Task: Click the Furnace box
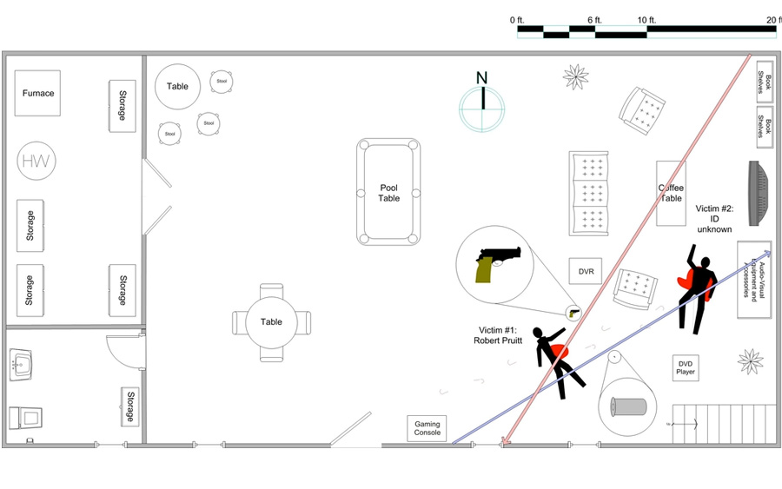click(x=37, y=93)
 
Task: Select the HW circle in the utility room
click(x=36, y=161)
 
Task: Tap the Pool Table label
click(x=388, y=193)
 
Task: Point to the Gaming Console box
click(x=427, y=429)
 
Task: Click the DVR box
click(x=586, y=272)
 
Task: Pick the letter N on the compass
click(x=481, y=78)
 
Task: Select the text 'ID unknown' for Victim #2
click(x=715, y=224)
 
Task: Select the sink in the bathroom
click(x=23, y=365)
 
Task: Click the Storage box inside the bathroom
click(x=129, y=406)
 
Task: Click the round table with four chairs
click(x=271, y=322)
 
